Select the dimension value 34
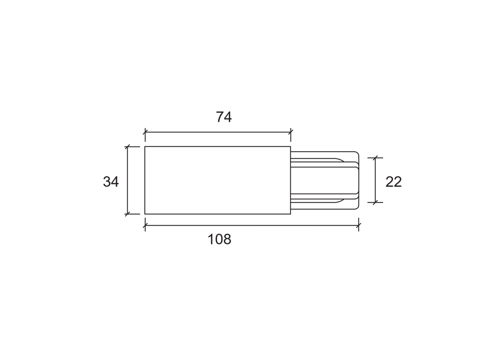tap(111, 181)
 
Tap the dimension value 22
tap(394, 181)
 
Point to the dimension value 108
tap(219, 239)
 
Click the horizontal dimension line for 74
tap(218, 132)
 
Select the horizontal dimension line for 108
tap(252, 225)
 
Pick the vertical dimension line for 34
tap(128, 180)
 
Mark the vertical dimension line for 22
tap(375, 180)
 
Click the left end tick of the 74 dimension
tap(145, 132)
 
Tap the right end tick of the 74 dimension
tap(291, 132)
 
